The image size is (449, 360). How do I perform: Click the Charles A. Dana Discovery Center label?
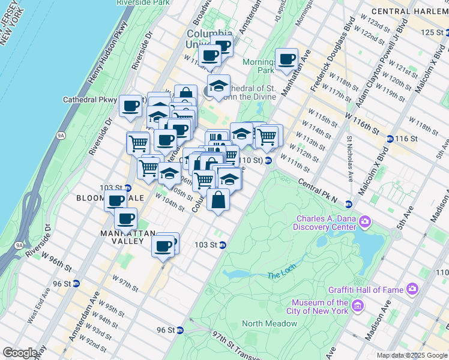click(324, 223)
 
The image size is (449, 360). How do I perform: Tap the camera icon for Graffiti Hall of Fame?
click(412, 289)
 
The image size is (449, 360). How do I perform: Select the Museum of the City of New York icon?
click(358, 307)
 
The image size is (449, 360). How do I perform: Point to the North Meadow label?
click(270, 323)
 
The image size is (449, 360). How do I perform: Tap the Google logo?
click(19, 353)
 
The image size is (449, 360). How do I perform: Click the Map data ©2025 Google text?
click(411, 355)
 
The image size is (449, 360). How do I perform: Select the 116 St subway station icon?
click(391, 139)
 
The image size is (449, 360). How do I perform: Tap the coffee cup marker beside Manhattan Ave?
click(287, 59)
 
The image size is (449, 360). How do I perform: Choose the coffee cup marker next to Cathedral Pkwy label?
click(130, 106)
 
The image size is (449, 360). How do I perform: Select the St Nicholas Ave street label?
click(349, 158)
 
